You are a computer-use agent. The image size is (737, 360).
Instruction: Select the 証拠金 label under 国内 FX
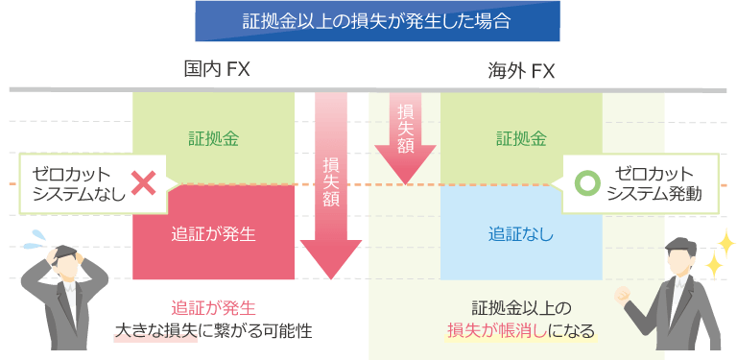(213, 137)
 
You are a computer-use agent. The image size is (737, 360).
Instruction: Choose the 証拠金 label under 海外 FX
(521, 137)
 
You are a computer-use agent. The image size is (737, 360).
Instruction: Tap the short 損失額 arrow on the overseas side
(405, 134)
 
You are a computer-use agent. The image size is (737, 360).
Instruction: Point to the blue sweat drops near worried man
(36, 235)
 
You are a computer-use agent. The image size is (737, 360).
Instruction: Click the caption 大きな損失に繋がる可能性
(213, 332)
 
